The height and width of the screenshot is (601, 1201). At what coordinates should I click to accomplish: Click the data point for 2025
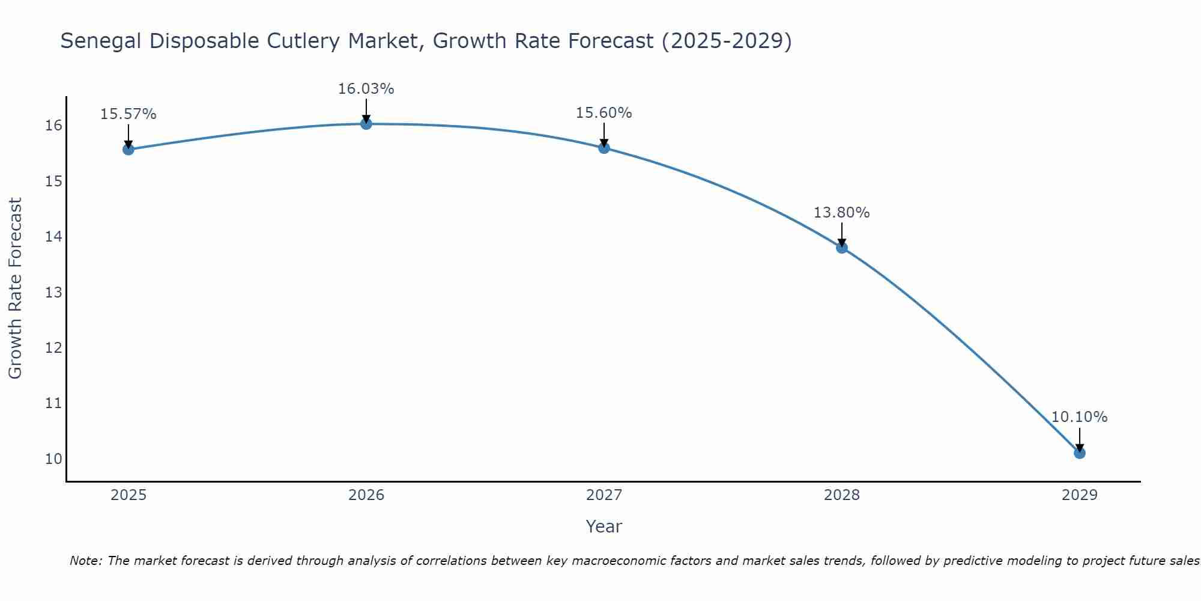pos(129,149)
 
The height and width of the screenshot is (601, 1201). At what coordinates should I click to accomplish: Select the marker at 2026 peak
pos(366,124)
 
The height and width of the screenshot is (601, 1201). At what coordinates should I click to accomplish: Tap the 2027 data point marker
pos(604,148)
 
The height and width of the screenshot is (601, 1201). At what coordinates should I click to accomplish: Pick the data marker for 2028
pos(842,248)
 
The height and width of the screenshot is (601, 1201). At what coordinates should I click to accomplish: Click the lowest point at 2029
pos(1080,453)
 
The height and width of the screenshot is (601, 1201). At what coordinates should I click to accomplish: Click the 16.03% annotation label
pos(366,89)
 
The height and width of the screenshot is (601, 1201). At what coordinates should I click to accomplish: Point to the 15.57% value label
pos(129,114)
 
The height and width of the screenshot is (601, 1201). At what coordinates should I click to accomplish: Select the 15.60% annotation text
pos(604,113)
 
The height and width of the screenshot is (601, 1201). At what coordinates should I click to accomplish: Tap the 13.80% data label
pos(842,213)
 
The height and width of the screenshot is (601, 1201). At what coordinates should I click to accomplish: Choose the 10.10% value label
pos(1080,417)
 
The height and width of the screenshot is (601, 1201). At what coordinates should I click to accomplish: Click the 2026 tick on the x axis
pos(366,495)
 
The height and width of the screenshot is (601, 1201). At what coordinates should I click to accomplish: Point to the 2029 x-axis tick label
pos(1080,495)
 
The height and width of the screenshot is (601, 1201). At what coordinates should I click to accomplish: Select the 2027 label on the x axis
pos(604,495)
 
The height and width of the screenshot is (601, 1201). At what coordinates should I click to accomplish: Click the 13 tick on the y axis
pos(53,293)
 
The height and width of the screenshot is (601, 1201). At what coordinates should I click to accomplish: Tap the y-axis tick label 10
pos(53,459)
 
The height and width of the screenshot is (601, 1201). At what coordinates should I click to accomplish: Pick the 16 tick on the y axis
pos(53,126)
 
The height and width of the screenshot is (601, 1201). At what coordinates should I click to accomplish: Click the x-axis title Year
pos(604,526)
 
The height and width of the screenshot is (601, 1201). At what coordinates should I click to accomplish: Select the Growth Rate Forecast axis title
pos(16,288)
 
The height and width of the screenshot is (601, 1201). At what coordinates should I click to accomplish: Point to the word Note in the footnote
pos(86,561)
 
